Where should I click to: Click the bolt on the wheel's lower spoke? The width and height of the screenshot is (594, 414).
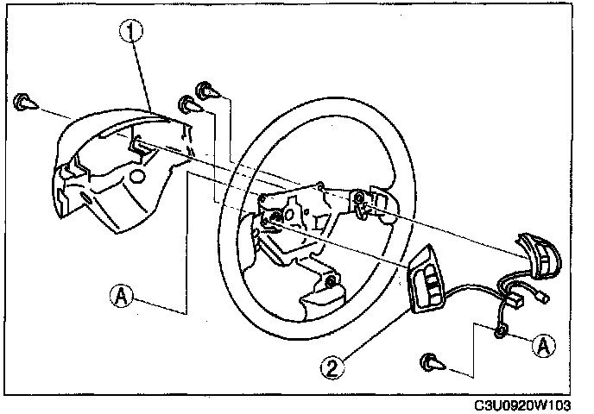[x=331, y=282]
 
